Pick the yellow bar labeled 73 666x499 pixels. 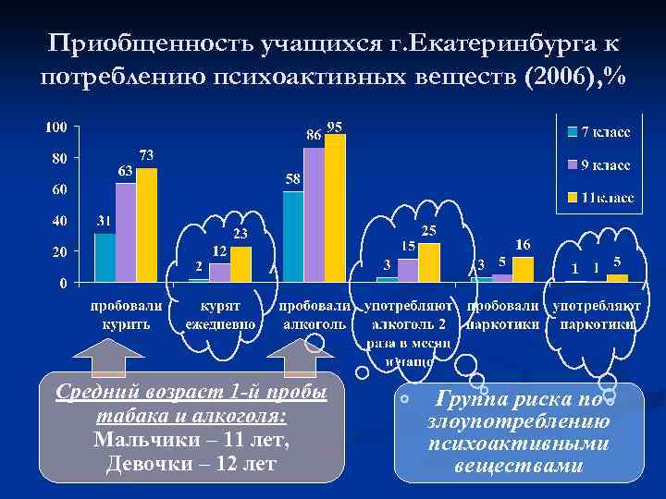[x=146, y=224]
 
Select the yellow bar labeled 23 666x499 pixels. [x=240, y=262]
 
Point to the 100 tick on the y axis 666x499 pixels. [x=55, y=126]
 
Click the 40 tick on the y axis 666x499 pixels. [x=58, y=221]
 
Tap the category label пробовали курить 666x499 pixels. [x=126, y=314]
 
